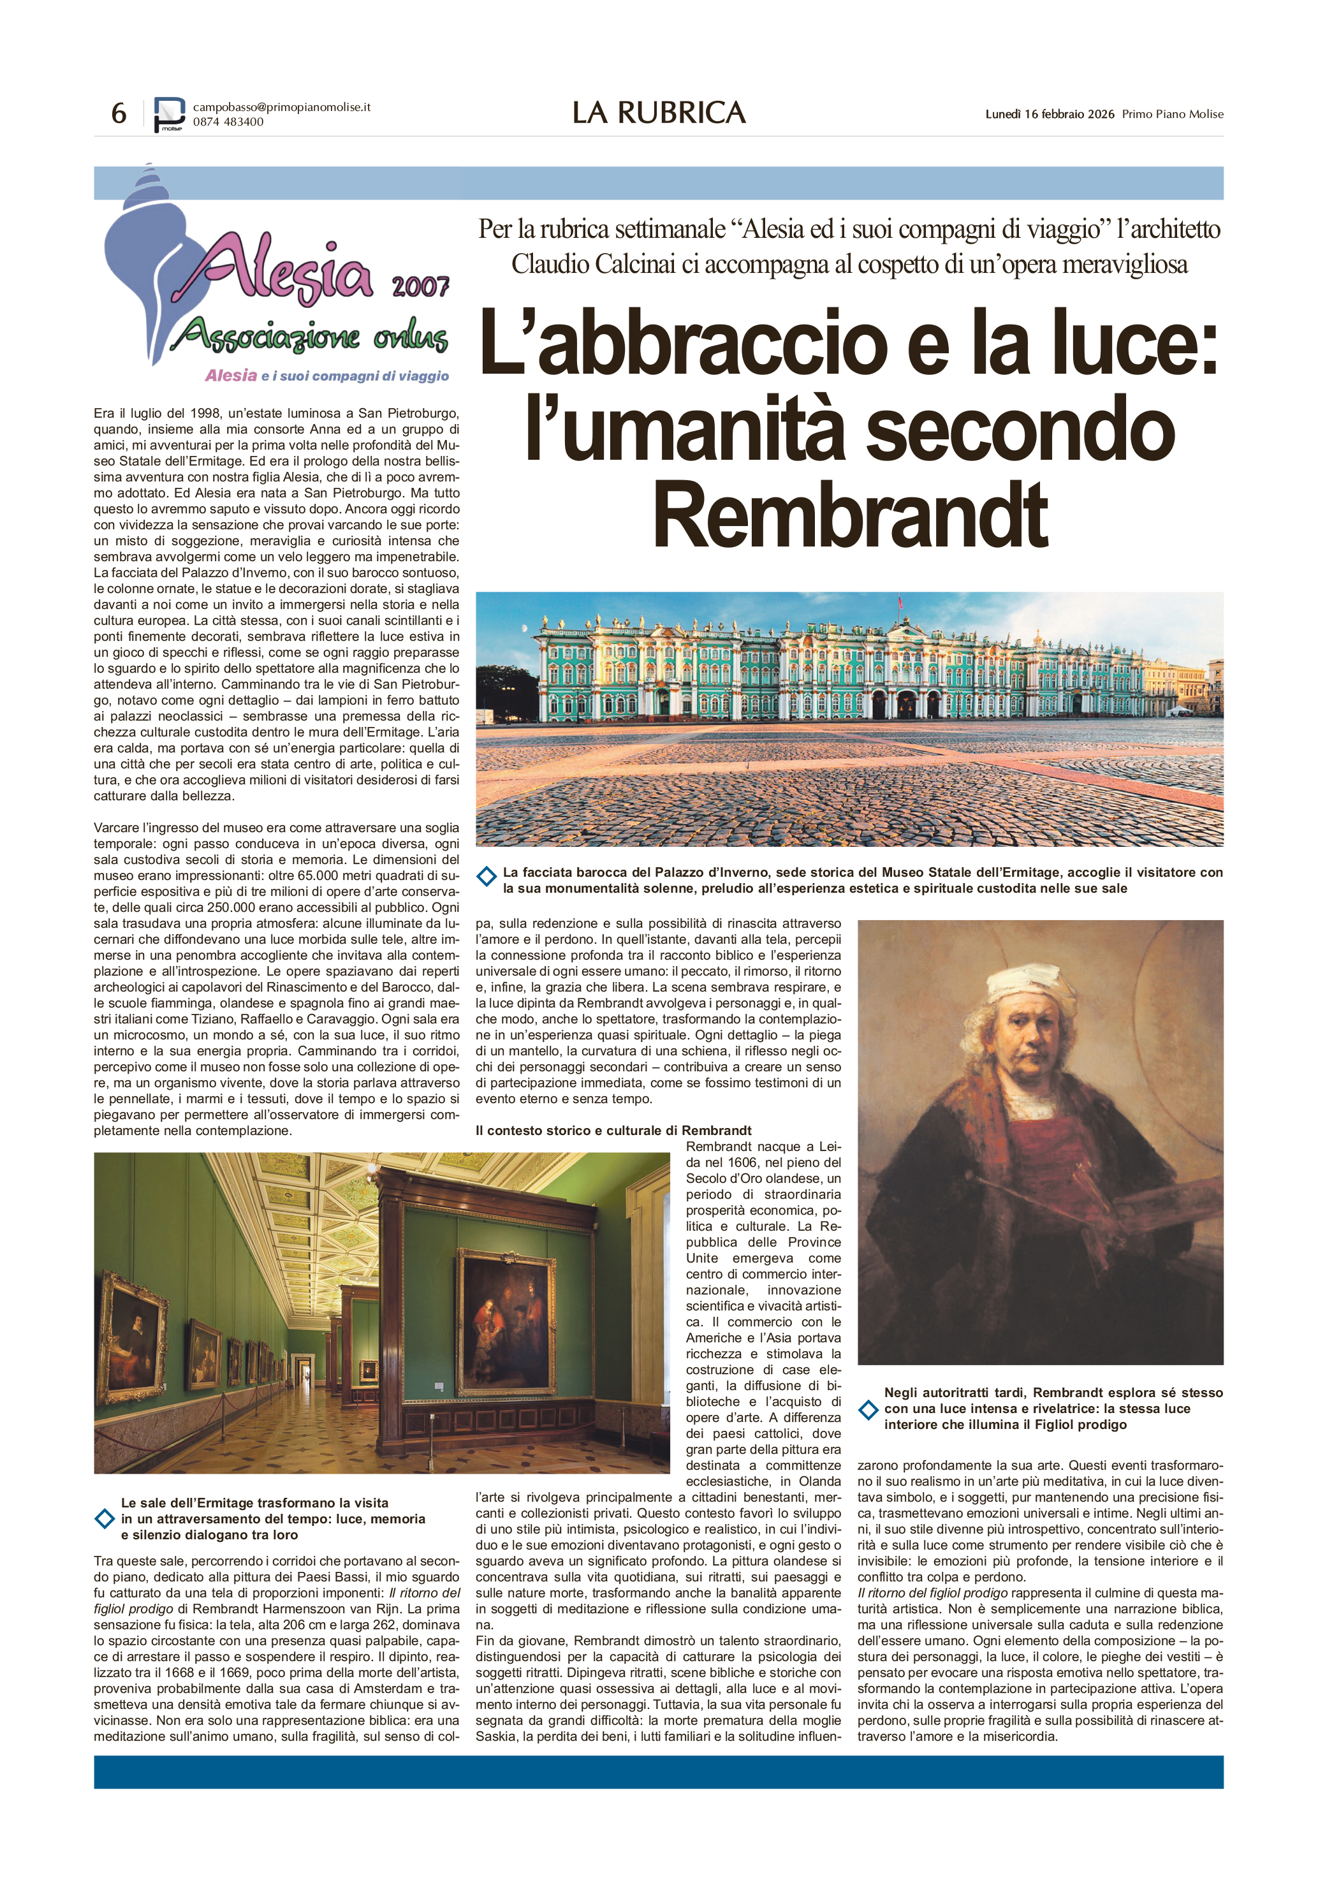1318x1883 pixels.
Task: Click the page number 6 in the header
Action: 119,113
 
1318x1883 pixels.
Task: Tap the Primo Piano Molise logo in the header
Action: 170,114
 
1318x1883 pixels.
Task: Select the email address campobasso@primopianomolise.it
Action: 281,106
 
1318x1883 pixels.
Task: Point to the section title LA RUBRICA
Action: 659,113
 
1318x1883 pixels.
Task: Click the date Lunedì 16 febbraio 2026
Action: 1049,114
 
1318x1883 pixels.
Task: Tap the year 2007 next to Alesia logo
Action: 420,286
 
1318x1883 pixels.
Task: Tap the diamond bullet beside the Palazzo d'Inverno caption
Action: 487,877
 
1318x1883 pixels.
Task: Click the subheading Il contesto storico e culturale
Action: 613,1130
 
